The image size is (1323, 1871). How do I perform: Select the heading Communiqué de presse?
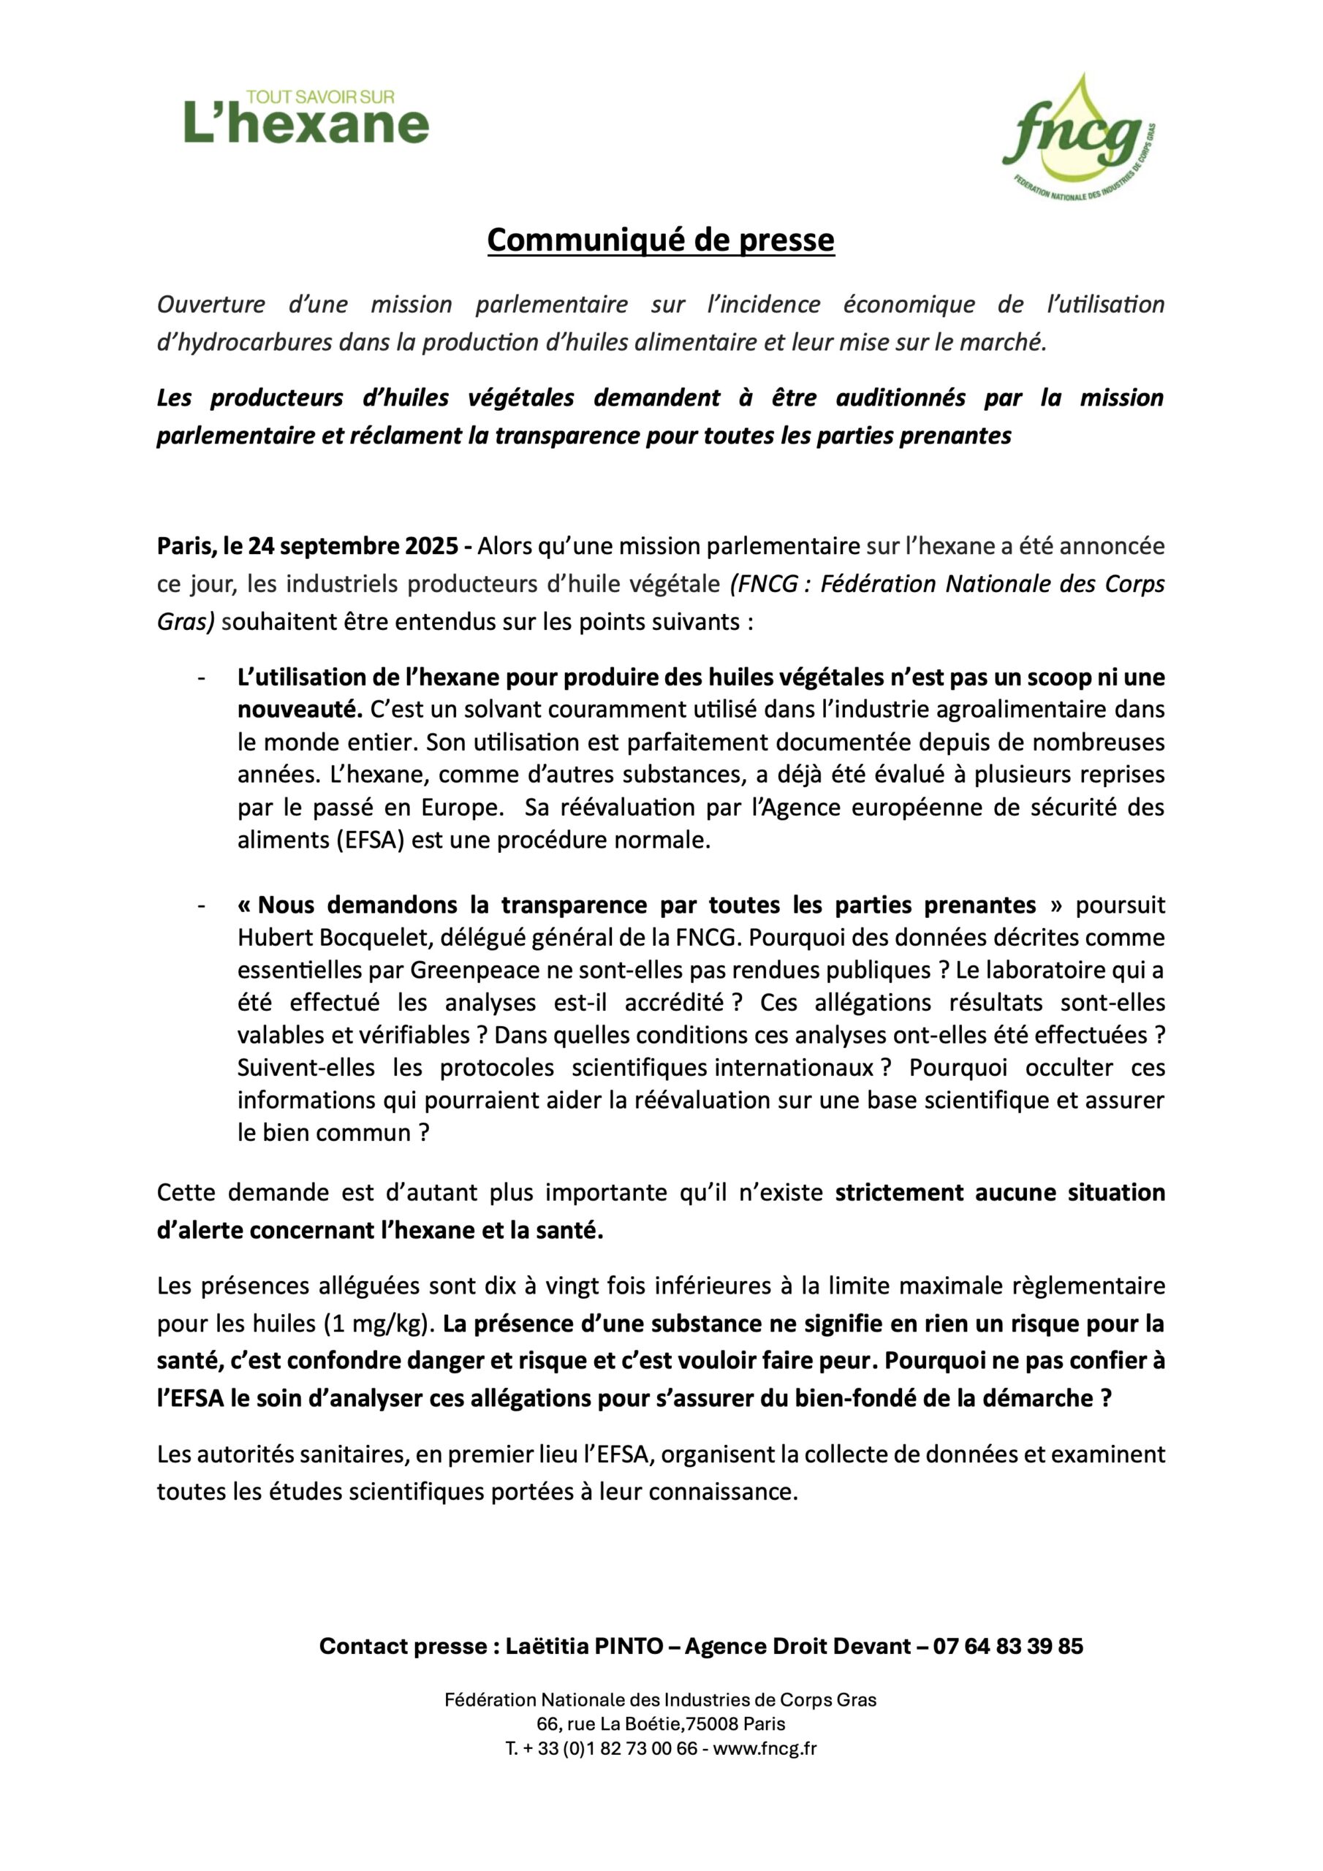[660, 240]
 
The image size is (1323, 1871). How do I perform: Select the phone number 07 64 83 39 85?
[1009, 1646]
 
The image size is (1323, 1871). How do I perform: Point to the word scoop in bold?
[1061, 678]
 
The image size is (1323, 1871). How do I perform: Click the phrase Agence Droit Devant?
[797, 1646]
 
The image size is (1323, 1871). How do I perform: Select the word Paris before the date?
[184, 545]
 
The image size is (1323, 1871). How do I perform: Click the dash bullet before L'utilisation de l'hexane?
[200, 678]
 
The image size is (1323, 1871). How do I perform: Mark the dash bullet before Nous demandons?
[200, 906]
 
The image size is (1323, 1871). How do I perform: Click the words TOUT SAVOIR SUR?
[320, 97]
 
